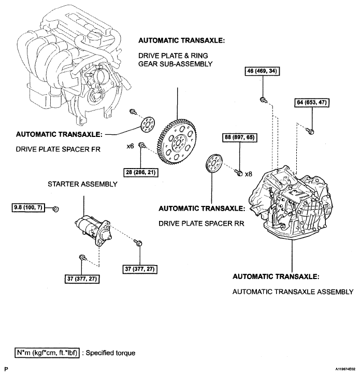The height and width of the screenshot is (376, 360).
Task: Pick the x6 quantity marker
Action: point(130,146)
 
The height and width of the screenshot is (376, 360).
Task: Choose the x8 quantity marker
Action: point(249,174)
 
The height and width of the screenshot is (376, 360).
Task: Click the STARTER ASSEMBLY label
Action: point(83,184)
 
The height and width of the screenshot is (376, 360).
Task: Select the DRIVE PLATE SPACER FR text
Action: point(58,149)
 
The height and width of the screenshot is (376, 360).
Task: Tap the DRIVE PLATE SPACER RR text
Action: point(201,224)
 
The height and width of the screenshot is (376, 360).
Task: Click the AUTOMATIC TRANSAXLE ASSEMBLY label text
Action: point(293,292)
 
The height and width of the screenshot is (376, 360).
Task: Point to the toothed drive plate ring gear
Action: point(178,142)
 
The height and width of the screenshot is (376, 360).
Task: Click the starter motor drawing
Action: point(93,229)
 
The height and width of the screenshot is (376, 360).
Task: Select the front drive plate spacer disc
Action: point(147,124)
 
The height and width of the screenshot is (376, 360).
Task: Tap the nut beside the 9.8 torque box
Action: point(55,209)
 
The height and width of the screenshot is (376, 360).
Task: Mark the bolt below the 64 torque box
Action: point(310,131)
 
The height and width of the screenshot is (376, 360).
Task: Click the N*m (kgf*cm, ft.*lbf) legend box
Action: point(47,353)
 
